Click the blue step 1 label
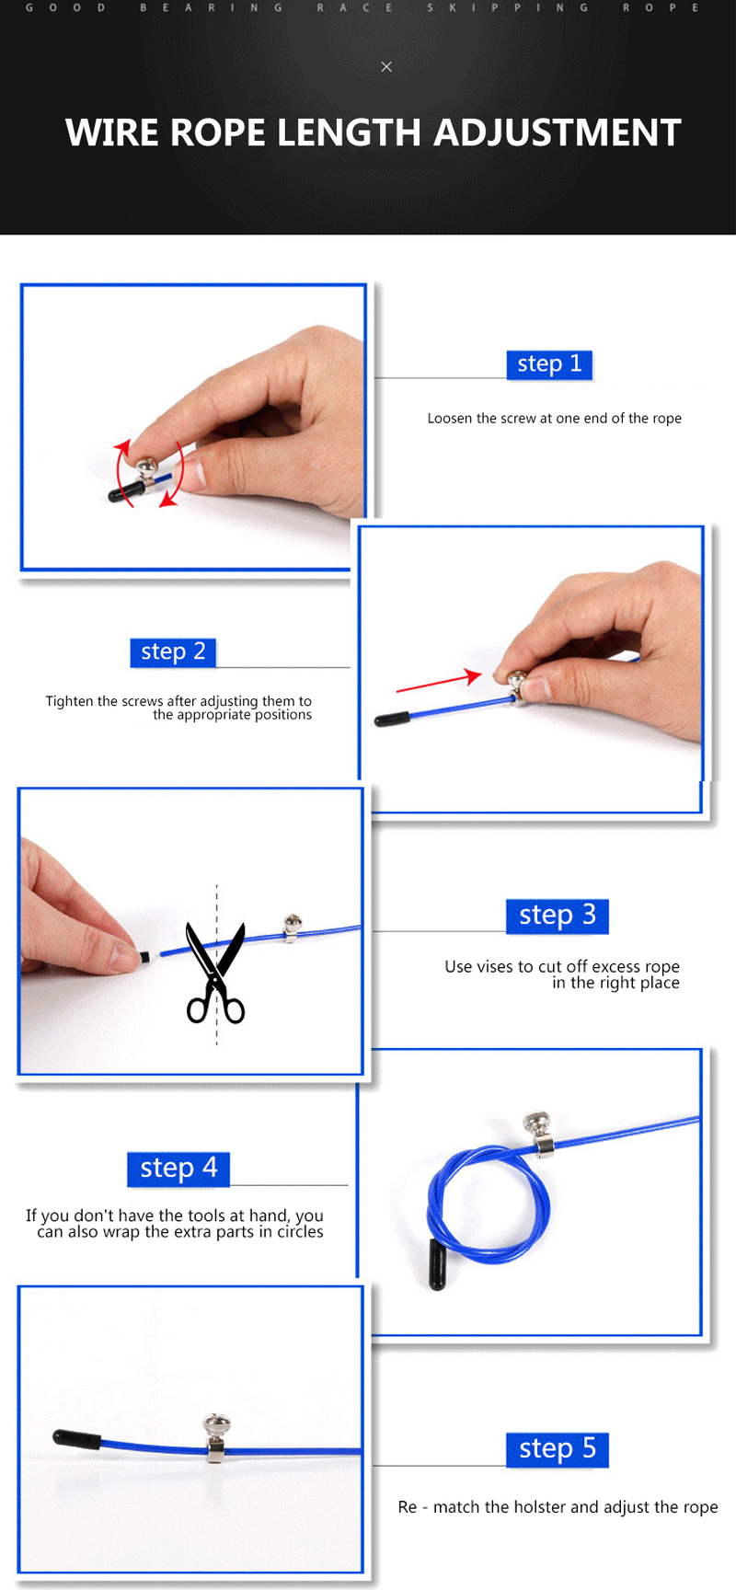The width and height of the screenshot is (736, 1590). (x=549, y=364)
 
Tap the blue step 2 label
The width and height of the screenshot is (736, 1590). (x=173, y=652)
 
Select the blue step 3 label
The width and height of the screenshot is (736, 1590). (x=558, y=916)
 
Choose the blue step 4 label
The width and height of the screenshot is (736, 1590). (x=178, y=1169)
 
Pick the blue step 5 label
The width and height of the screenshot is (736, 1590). (x=558, y=1449)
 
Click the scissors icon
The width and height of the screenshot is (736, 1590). (x=216, y=973)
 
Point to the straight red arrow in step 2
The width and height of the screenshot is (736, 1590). (x=439, y=682)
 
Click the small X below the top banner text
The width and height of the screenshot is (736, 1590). (x=386, y=66)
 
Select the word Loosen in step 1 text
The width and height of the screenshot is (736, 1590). (x=450, y=418)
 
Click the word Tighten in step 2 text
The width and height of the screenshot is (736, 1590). (x=70, y=702)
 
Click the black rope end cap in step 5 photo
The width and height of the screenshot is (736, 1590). (x=76, y=1438)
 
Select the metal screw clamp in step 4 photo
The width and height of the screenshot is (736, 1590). (x=539, y=1134)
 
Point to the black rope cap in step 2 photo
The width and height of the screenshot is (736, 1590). (x=393, y=720)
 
